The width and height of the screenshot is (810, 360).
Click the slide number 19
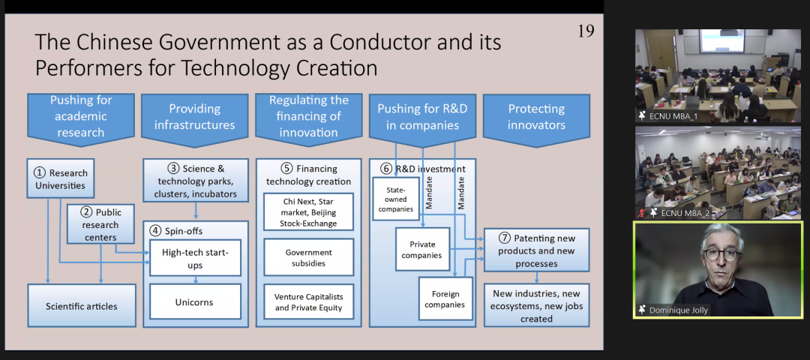(x=585, y=31)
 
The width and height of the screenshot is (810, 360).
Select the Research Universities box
(x=58, y=178)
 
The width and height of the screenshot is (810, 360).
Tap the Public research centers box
(x=100, y=224)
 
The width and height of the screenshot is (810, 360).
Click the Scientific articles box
(x=81, y=306)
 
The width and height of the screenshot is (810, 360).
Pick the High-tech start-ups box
(x=195, y=259)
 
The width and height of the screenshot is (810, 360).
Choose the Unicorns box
(x=195, y=301)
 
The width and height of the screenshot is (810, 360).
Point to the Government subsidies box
(x=308, y=257)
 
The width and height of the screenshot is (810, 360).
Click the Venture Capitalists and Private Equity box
(x=308, y=302)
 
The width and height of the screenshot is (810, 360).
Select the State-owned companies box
(x=396, y=199)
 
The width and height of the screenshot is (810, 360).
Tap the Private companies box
(x=421, y=250)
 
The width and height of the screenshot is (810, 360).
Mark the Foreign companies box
(x=445, y=298)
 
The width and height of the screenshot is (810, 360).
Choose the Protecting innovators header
(x=536, y=117)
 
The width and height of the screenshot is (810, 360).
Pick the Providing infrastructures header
(x=195, y=117)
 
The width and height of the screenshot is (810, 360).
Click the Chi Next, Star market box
(x=308, y=212)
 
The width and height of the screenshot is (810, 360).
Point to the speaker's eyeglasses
(x=721, y=254)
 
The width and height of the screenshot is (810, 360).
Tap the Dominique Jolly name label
(x=679, y=310)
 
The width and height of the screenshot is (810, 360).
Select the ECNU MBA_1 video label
(x=673, y=116)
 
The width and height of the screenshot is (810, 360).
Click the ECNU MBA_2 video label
(x=673, y=213)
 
